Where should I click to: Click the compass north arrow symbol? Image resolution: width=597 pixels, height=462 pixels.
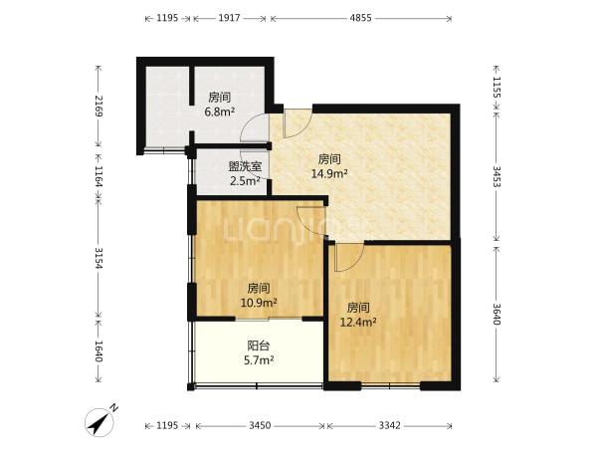click(99, 422)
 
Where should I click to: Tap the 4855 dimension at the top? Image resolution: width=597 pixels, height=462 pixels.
click(360, 18)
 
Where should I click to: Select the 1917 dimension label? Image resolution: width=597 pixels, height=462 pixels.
click(229, 18)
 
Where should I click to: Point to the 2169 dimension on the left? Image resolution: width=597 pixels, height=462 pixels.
click(99, 106)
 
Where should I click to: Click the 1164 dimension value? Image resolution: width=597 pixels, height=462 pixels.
click(99, 176)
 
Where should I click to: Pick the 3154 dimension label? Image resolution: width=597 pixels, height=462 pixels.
click(99, 258)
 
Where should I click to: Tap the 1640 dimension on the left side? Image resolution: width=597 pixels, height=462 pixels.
click(99, 351)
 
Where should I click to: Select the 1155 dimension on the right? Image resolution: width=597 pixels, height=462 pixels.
click(497, 88)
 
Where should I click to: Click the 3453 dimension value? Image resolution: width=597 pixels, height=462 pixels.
click(497, 176)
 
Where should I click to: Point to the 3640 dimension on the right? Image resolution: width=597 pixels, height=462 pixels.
click(497, 314)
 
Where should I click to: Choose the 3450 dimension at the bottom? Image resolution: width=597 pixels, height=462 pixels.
click(260, 425)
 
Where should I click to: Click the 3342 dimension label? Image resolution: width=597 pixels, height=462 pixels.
click(389, 425)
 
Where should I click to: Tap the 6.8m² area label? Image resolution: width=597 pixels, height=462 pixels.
click(219, 112)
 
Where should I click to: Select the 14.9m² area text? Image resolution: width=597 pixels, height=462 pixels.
click(329, 174)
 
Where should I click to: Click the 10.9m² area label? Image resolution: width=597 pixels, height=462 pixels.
click(259, 303)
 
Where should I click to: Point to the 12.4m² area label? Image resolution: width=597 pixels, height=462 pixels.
click(358, 323)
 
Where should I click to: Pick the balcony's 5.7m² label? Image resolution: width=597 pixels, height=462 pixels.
click(259, 359)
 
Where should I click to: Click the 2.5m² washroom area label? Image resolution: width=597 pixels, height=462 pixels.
click(245, 181)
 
